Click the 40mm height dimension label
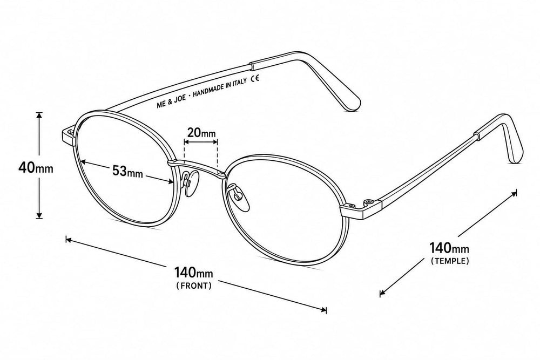point(36,168)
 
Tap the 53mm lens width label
point(127,171)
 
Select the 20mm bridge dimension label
point(201,133)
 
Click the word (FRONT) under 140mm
point(194,286)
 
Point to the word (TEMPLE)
point(450,261)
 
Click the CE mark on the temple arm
point(255,78)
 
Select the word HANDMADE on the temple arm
point(208,90)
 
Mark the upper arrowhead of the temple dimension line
point(514,193)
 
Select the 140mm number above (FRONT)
point(193,273)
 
